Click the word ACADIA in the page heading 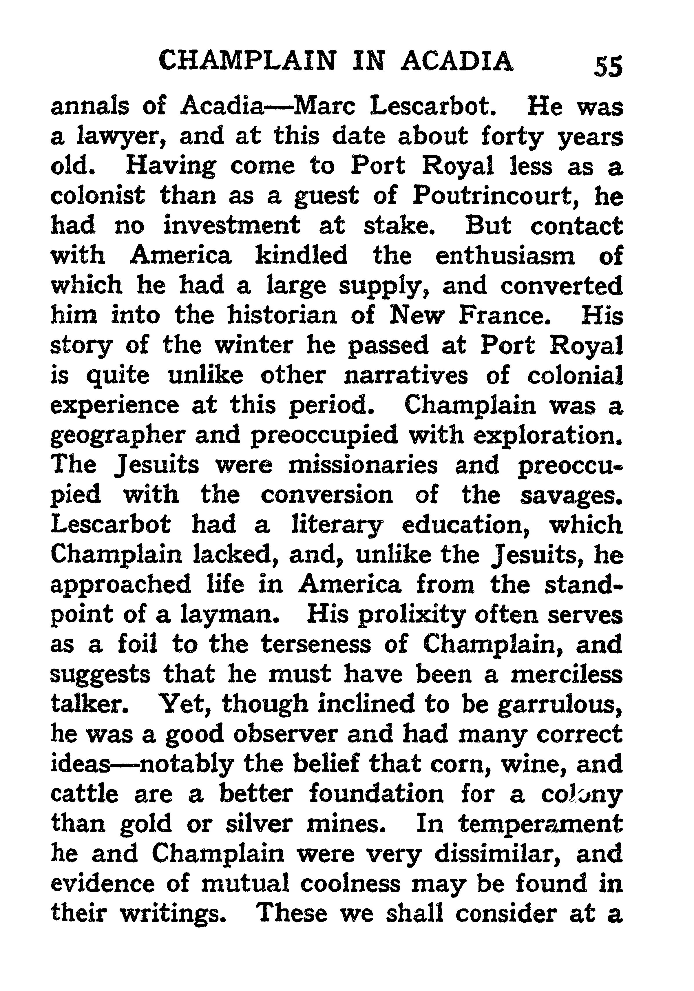[x=457, y=61]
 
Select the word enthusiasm [x=505, y=255]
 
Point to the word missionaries [x=363, y=465]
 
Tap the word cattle [x=84, y=794]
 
